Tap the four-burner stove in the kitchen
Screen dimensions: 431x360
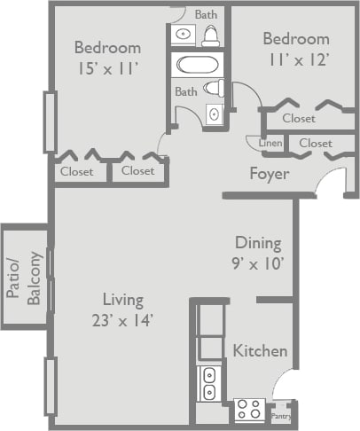point(249,410)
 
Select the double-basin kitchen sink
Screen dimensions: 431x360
point(210,382)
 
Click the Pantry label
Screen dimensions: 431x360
point(280,415)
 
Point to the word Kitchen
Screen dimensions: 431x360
point(260,351)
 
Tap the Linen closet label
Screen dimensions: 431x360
point(270,143)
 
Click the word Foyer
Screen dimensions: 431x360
point(268,174)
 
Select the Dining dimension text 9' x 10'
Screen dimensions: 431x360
point(258,263)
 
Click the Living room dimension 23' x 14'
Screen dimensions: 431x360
point(122,321)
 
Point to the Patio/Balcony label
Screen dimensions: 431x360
point(26,278)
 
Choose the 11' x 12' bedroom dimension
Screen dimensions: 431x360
point(296,59)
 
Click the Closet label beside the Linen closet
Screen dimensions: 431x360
point(315,143)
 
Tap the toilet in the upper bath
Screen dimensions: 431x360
point(211,35)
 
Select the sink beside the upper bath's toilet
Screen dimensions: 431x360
point(183,35)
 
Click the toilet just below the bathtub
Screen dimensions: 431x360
point(213,88)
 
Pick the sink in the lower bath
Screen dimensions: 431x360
point(214,114)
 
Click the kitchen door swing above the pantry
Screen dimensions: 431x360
point(286,387)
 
